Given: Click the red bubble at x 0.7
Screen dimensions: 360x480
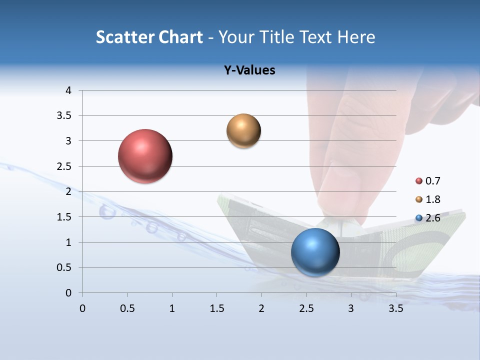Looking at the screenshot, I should pos(145,156).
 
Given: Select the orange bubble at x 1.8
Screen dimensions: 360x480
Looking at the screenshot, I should pos(243,131).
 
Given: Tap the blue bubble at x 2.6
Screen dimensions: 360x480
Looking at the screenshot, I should pos(315,252).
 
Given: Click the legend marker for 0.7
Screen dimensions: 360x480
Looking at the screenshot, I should pos(419,181).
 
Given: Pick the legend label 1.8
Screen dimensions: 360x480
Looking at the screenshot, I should pos(432,199).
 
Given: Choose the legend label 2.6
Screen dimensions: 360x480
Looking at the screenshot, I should pos(432,218).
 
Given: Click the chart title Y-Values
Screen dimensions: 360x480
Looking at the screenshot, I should pos(249,70).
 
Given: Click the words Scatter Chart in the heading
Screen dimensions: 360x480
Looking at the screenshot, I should pos(149,37).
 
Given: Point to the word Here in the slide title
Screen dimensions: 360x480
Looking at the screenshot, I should pos(356,37).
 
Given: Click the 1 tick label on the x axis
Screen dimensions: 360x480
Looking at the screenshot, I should pos(172,308).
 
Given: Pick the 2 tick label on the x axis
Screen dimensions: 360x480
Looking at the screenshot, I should pos(261,308).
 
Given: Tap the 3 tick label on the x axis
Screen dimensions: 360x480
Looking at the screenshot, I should pos(351,308).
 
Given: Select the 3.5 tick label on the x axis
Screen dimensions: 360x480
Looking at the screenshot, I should pos(395,308).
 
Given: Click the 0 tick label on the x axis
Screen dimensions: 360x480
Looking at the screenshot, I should pos(82,308).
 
